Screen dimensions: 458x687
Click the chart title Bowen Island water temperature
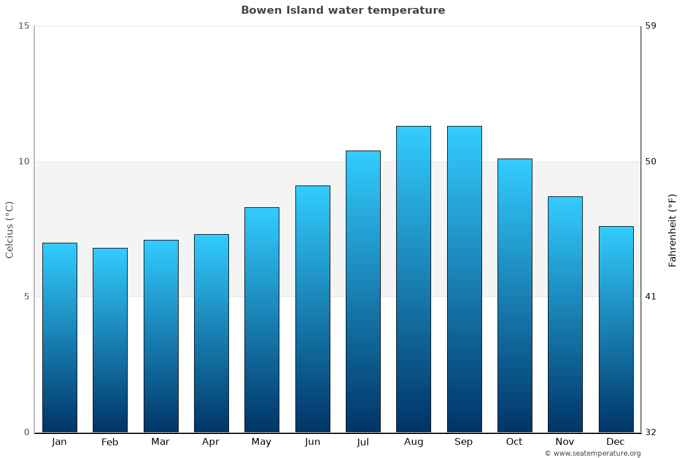point(343,10)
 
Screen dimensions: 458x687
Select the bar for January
point(60,338)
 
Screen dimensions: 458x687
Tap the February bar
point(110,340)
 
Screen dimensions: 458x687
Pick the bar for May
point(262,320)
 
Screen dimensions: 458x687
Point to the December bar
point(616,329)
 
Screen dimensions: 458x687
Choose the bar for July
point(363,291)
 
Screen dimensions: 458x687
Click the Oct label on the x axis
point(514,442)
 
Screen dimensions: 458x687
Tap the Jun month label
point(313,442)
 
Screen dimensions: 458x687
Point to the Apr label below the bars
point(211,442)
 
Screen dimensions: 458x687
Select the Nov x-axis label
point(564,442)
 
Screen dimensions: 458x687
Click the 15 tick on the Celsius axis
point(23,26)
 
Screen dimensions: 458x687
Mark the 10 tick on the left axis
point(23,161)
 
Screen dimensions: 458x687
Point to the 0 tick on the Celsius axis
point(26,432)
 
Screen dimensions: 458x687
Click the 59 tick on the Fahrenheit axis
point(651,26)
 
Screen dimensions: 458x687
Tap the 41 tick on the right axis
point(651,297)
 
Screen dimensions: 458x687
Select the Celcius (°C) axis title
point(10,230)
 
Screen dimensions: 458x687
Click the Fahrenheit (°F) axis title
point(673,230)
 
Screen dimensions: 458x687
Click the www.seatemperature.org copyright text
point(593,453)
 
